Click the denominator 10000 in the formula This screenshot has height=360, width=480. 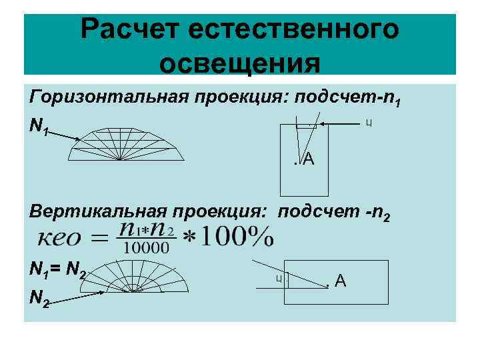[x=147, y=247]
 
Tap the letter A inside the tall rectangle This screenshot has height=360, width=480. [x=309, y=159]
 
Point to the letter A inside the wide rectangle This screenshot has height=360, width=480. [x=341, y=281]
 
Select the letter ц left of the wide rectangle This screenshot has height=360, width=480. [x=277, y=278]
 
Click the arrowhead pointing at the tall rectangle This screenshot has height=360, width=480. [x=333, y=124]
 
